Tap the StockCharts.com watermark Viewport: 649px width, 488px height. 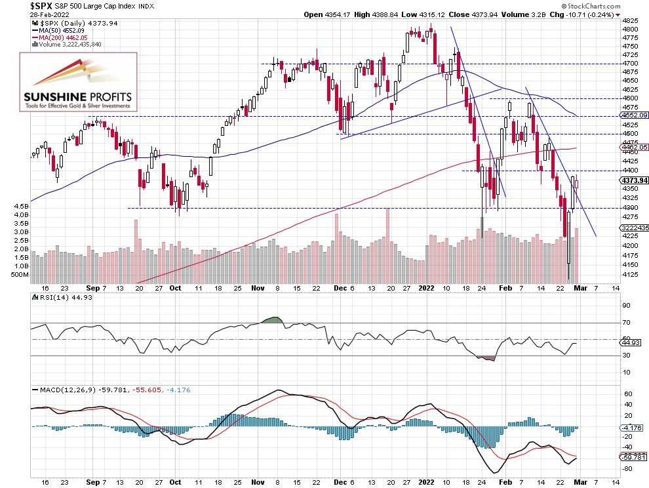[612, 5]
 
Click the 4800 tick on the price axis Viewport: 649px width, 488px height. [630, 30]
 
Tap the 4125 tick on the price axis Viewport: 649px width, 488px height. [630, 274]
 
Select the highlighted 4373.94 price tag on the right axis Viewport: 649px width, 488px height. [633, 180]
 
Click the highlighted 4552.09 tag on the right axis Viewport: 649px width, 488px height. [633, 115]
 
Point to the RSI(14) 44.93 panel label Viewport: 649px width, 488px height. [60, 297]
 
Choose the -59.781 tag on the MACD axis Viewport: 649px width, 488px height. [633, 457]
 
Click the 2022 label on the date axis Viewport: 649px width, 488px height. [427, 288]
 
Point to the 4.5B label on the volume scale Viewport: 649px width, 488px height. [21, 207]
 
